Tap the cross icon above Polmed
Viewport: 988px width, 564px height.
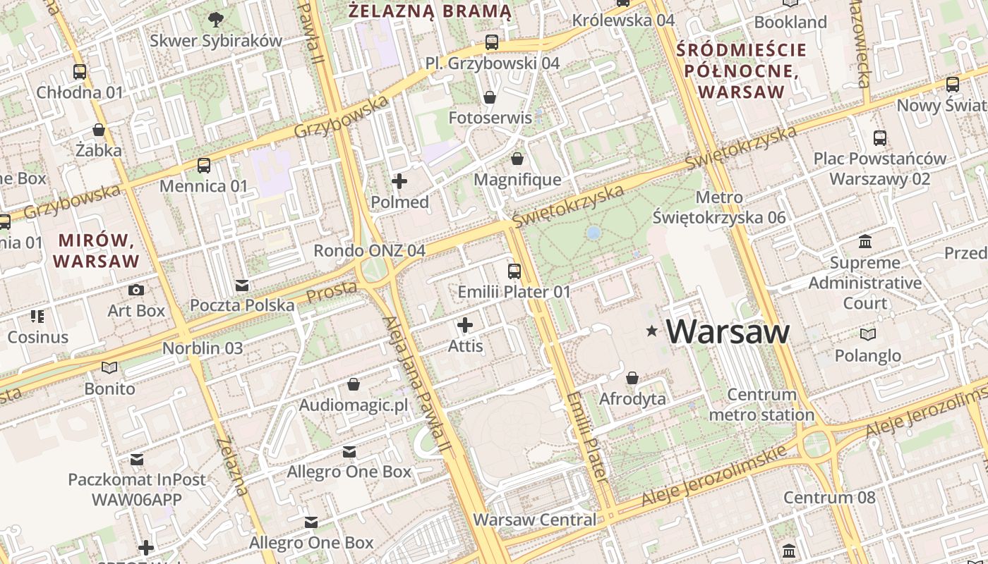pos(399,181)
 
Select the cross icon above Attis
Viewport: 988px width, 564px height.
pos(465,325)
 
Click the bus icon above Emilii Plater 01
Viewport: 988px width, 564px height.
pos(514,271)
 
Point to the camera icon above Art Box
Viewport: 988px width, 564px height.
pos(136,290)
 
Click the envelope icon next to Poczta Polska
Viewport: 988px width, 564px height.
pos(242,285)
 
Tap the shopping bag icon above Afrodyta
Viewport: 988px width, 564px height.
pos(632,379)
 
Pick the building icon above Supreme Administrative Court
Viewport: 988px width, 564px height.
pos(865,243)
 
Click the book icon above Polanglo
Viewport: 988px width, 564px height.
pos(868,334)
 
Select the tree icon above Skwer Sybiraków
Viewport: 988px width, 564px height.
pos(216,20)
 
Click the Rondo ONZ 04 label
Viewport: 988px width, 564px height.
pos(369,250)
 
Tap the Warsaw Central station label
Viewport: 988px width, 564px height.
pos(534,520)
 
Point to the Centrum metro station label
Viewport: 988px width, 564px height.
pos(761,405)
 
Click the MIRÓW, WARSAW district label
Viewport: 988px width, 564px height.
pos(97,250)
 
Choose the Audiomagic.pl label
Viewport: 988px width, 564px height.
pos(354,405)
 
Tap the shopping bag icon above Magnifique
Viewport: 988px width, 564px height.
pos(517,159)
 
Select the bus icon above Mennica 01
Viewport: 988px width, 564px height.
pos(204,166)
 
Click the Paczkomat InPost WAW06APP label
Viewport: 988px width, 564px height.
pos(137,489)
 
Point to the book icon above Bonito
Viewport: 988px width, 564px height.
pos(109,367)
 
